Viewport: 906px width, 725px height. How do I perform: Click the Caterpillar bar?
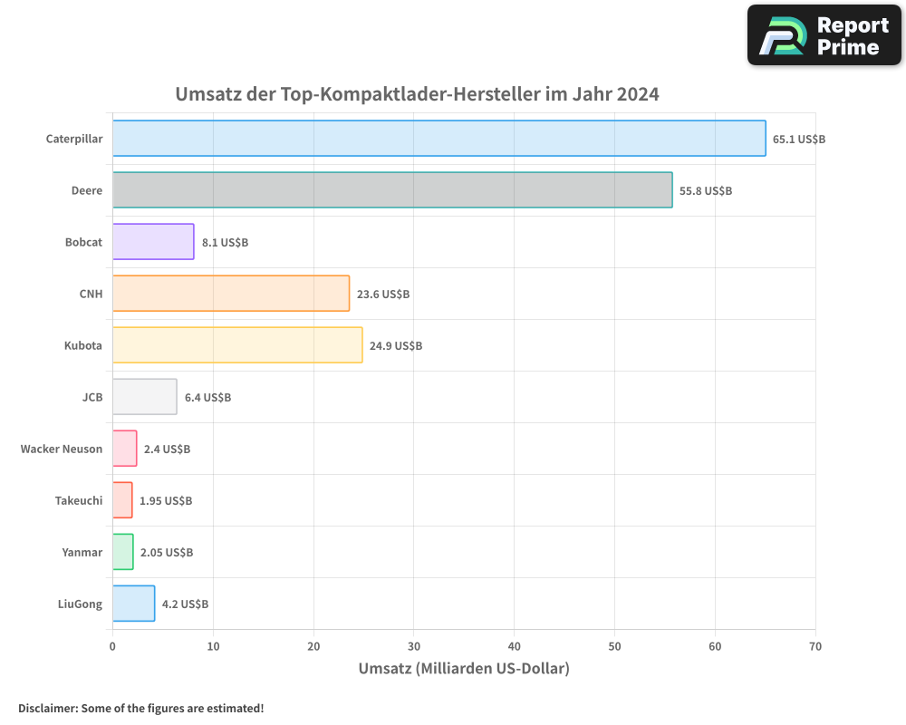point(439,139)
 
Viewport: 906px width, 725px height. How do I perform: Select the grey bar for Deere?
point(392,190)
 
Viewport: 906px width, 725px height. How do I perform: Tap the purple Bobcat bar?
point(153,242)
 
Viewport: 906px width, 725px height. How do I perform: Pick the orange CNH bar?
point(231,294)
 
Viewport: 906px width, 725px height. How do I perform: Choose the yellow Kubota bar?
point(237,345)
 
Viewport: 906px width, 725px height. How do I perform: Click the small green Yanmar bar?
point(123,552)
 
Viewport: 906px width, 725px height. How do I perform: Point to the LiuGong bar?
point(133,604)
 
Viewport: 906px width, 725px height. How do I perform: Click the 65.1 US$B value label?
point(799,140)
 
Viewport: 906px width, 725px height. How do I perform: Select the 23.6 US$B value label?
point(383,295)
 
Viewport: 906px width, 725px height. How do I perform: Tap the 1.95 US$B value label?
point(166,501)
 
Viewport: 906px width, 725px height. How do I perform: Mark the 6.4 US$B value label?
point(207,398)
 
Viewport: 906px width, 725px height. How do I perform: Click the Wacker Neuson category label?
point(62,449)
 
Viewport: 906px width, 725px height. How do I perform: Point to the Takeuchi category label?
point(79,500)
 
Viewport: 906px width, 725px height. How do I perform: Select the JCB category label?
point(92,397)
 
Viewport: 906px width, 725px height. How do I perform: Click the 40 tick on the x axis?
point(514,646)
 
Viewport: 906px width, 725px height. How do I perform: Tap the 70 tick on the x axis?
point(815,646)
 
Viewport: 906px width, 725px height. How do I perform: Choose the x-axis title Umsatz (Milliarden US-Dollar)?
point(464,669)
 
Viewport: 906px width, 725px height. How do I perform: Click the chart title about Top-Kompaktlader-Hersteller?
point(417,94)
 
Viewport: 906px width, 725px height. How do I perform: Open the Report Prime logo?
point(824,35)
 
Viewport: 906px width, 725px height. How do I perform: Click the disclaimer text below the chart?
point(141,708)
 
